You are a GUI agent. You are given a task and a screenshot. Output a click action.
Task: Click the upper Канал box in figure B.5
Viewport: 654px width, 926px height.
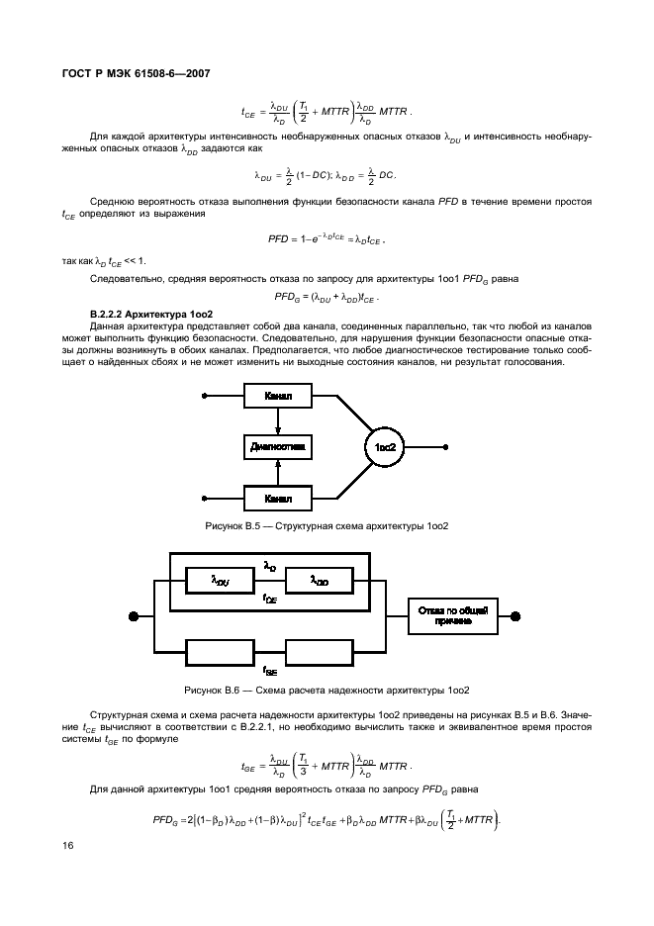[278, 397]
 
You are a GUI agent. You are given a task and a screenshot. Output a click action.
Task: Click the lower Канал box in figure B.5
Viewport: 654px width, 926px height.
[278, 498]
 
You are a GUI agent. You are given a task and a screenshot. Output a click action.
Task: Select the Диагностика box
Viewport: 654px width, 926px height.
[278, 447]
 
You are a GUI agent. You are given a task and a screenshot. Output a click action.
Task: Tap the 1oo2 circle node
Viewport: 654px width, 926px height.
[385, 447]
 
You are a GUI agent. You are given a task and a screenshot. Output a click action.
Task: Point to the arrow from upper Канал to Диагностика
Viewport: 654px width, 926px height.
[278, 419]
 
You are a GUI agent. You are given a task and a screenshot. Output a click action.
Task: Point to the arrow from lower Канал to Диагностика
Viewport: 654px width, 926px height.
[278, 474]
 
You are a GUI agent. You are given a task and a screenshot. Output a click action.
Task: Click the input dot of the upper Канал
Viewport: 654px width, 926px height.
[206, 397]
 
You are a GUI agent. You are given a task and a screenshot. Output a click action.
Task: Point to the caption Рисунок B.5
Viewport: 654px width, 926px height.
[327, 525]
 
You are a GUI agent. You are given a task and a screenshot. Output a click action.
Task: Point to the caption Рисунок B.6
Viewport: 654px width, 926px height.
[327, 690]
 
